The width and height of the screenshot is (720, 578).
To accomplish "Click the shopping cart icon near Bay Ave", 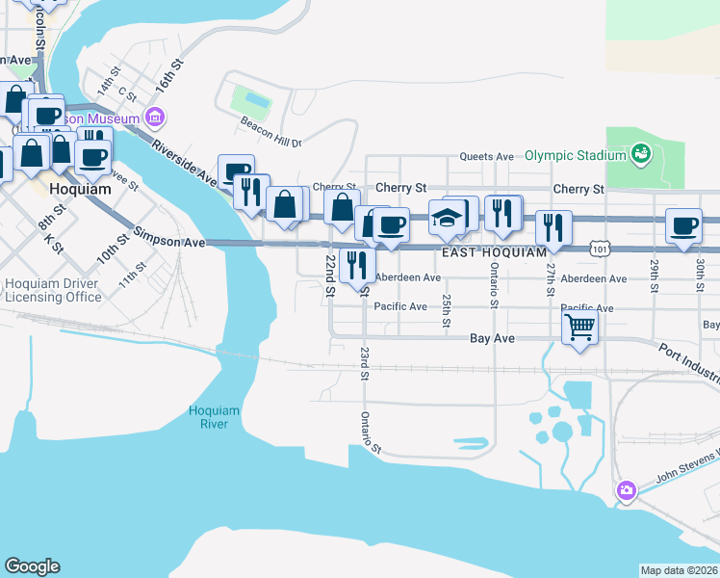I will tap(579, 328).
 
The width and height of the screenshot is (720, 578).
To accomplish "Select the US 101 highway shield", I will tap(600, 249).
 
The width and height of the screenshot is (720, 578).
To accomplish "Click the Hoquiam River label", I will tap(214, 417).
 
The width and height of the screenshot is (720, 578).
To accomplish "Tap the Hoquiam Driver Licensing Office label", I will tap(53, 290).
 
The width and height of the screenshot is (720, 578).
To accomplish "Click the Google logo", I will tap(32, 566).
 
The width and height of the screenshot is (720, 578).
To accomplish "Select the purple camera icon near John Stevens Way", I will tap(627, 491).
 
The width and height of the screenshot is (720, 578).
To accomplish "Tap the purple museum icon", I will tap(155, 117).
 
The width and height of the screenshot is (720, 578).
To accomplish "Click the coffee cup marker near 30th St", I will tap(684, 227).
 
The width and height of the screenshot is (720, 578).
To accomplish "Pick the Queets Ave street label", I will tap(486, 156).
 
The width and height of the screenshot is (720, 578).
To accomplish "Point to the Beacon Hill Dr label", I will tap(270, 142).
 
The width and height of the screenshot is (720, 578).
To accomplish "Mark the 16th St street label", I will tap(170, 75).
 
